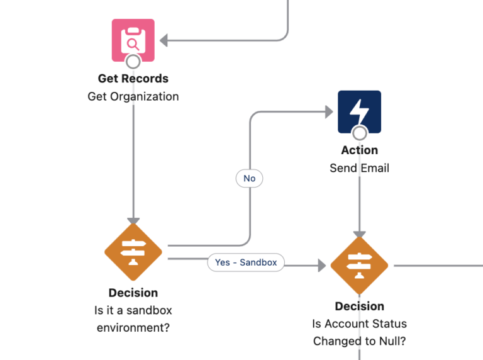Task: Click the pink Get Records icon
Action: click(x=133, y=40)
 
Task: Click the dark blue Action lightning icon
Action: click(x=359, y=111)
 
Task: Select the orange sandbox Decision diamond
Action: click(x=133, y=252)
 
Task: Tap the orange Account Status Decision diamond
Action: click(x=359, y=266)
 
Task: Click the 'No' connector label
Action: click(x=250, y=179)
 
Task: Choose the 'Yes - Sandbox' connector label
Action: click(x=245, y=262)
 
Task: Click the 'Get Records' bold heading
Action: click(x=133, y=79)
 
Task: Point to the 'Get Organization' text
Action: click(x=133, y=96)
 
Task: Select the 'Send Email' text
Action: click(x=359, y=168)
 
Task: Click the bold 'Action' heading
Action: click(x=359, y=150)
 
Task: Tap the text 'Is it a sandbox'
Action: click(x=133, y=310)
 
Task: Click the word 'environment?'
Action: click(x=133, y=328)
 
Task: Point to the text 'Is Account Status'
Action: click(x=359, y=323)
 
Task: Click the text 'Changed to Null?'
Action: click(x=359, y=341)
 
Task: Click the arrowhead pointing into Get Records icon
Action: click(x=164, y=40)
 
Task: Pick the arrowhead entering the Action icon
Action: click(x=328, y=112)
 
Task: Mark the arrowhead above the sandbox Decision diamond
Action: click(x=133, y=220)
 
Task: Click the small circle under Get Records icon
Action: click(x=133, y=61)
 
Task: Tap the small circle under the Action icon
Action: click(x=359, y=133)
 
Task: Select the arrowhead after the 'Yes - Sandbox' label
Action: click(x=321, y=266)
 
